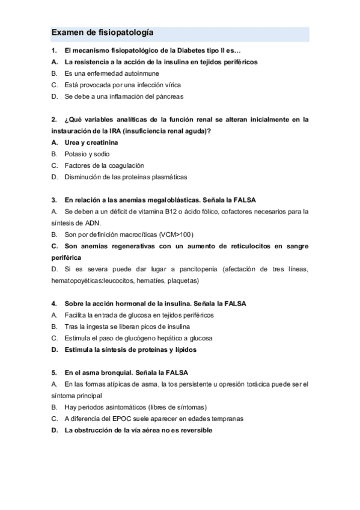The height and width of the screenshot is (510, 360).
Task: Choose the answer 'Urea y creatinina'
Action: coord(91,142)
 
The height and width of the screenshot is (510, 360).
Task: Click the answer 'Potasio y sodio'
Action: coord(87,153)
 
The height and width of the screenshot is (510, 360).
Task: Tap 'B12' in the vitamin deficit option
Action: coord(180,211)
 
